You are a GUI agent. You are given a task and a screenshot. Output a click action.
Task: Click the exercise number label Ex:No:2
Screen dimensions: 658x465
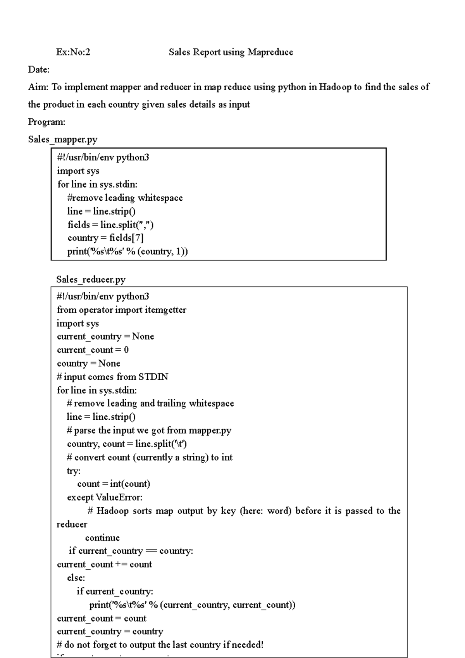pos(73,52)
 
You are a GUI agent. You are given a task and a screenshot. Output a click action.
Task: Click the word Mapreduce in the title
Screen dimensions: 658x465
pos(270,52)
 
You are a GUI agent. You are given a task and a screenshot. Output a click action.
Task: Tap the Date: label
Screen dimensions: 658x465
pos(39,70)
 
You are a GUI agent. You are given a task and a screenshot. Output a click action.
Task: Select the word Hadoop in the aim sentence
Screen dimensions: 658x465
pos(335,87)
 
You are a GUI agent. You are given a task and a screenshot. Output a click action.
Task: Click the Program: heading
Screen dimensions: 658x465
pos(46,122)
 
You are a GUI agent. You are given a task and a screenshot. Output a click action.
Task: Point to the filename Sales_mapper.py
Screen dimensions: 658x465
pos(63,140)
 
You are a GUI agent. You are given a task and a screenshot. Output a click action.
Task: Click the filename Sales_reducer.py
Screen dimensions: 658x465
pos(91,279)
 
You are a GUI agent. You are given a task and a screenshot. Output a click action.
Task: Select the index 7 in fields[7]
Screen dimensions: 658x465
pos(138,238)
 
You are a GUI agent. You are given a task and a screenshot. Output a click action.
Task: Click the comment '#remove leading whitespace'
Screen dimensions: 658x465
pos(125,198)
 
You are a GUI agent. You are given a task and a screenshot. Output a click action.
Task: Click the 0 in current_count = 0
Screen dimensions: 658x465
pos(126,350)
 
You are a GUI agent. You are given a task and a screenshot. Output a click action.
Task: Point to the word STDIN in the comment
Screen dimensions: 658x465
pos(153,377)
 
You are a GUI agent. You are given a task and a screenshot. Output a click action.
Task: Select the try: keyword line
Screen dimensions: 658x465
pos(74,471)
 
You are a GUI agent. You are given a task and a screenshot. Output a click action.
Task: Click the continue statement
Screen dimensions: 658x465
pos(102,538)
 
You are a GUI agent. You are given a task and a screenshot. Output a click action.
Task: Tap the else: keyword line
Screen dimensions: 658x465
pos(76,578)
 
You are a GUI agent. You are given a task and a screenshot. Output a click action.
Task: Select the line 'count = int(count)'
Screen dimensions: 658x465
pos(114,484)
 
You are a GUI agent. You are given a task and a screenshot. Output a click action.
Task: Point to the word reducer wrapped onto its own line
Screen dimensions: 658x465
pos(72,525)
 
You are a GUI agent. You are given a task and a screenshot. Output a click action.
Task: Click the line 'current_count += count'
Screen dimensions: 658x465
pos(104,565)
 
